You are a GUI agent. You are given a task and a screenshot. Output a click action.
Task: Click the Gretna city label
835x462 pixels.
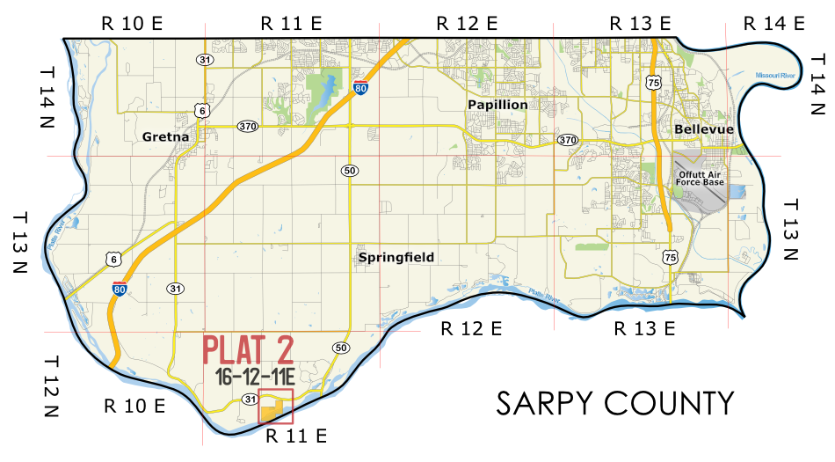pos(165,136)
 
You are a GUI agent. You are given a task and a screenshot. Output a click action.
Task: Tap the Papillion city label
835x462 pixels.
pos(497,105)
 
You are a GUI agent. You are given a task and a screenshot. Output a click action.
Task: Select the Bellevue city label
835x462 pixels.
pos(703,129)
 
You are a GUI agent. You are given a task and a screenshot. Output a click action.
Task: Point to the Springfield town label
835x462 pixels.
pos(396,258)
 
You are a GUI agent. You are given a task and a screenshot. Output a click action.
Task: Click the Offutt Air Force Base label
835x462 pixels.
pos(701,179)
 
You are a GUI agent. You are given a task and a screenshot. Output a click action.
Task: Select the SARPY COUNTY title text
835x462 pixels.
pos(614,403)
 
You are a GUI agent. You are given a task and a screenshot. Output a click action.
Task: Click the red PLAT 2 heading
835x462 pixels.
pos(247,350)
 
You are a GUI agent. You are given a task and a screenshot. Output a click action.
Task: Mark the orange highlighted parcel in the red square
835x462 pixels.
pos(273,410)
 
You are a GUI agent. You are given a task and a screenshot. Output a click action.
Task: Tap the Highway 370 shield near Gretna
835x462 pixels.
pos(247,127)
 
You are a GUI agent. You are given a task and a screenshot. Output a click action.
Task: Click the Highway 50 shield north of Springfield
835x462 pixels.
pos(350,170)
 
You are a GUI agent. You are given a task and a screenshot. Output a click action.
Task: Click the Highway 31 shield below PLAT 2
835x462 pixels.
pos(238,400)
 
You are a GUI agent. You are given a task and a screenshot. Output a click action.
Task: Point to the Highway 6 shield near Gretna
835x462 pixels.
pos(202,110)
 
